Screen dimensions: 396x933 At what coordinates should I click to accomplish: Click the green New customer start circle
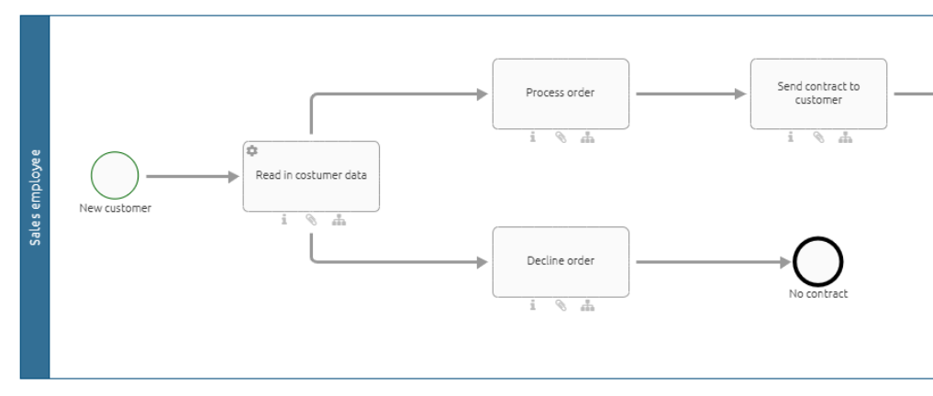pyautogui.click(x=115, y=176)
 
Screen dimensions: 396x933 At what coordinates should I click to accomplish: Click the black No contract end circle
pyautogui.click(x=818, y=262)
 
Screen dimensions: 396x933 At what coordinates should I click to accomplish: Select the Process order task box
pyautogui.click(x=561, y=93)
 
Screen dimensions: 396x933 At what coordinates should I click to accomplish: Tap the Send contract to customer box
pyautogui.click(x=818, y=93)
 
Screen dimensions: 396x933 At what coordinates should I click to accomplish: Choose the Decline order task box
pyautogui.click(x=561, y=261)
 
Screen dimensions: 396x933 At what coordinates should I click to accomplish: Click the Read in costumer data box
pyautogui.click(x=311, y=176)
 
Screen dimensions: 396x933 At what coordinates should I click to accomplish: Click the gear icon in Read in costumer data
pyautogui.click(x=252, y=150)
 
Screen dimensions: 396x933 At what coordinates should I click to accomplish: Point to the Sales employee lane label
pyautogui.click(x=35, y=196)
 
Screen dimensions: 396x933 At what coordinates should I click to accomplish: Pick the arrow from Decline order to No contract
pyautogui.click(x=711, y=262)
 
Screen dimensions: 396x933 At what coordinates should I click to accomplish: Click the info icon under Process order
pyautogui.click(x=532, y=137)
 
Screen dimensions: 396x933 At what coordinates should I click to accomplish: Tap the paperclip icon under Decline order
pyautogui.click(x=560, y=306)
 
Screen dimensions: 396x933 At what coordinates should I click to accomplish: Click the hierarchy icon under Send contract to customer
pyautogui.click(x=846, y=137)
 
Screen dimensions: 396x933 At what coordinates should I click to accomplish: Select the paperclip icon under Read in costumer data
pyautogui.click(x=311, y=220)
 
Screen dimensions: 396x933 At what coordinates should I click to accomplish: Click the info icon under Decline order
pyautogui.click(x=532, y=306)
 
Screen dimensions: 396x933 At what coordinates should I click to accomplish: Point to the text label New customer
pyautogui.click(x=115, y=208)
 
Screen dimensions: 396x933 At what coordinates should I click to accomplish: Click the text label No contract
pyautogui.click(x=818, y=294)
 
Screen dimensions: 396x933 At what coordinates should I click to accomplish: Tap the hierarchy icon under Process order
pyautogui.click(x=588, y=137)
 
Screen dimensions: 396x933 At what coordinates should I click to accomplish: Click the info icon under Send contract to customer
pyautogui.click(x=790, y=137)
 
